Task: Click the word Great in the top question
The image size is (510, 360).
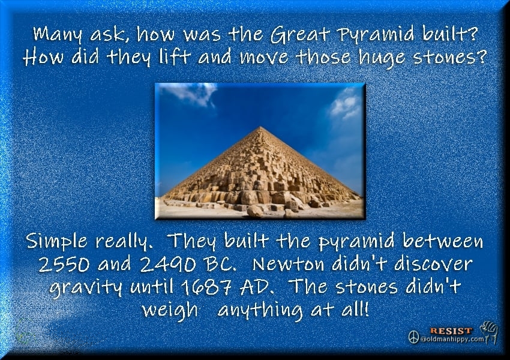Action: [x=300, y=34]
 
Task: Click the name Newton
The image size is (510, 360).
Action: [x=289, y=264]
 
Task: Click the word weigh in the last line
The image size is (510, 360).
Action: [x=169, y=311]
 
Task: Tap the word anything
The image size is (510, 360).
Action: [x=260, y=311]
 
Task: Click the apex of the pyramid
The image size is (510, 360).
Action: [x=260, y=127]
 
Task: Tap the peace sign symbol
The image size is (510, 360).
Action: [x=413, y=337]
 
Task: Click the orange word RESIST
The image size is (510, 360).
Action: [x=451, y=331]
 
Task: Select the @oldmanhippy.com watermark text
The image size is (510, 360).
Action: [x=452, y=339]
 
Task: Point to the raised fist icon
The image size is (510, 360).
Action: [x=490, y=332]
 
